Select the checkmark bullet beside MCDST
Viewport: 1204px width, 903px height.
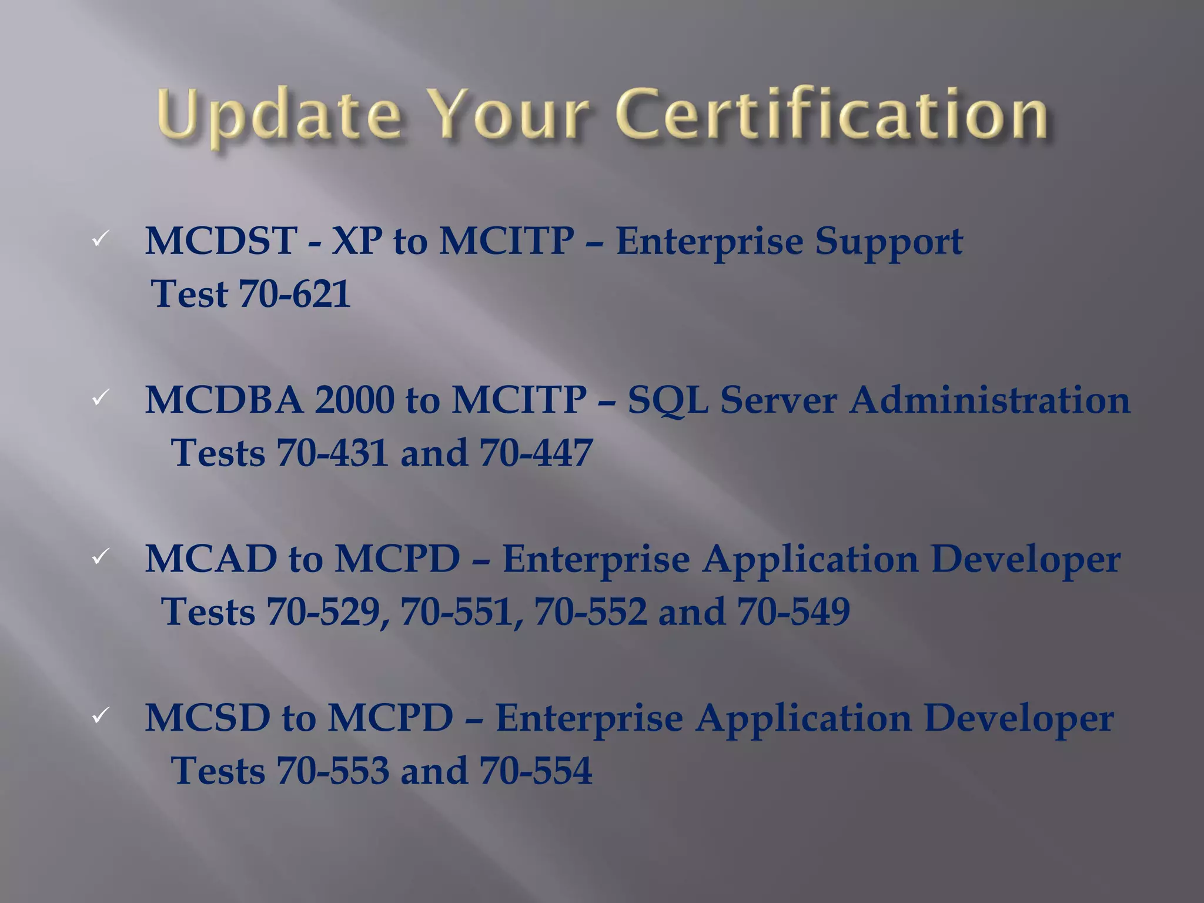101,239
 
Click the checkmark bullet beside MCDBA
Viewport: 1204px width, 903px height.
101,398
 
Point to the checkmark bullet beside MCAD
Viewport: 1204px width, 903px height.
101,556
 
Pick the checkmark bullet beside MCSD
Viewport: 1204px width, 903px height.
101,715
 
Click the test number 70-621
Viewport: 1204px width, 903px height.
295,294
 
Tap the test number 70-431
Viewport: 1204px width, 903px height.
332,453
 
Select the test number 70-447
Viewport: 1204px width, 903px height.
536,453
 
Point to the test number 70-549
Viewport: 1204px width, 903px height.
793,612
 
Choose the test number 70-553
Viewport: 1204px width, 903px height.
333,771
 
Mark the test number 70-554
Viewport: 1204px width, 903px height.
536,771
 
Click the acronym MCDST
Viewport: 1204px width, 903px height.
221,241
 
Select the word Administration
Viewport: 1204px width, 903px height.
989,400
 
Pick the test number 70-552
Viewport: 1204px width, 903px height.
590,612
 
